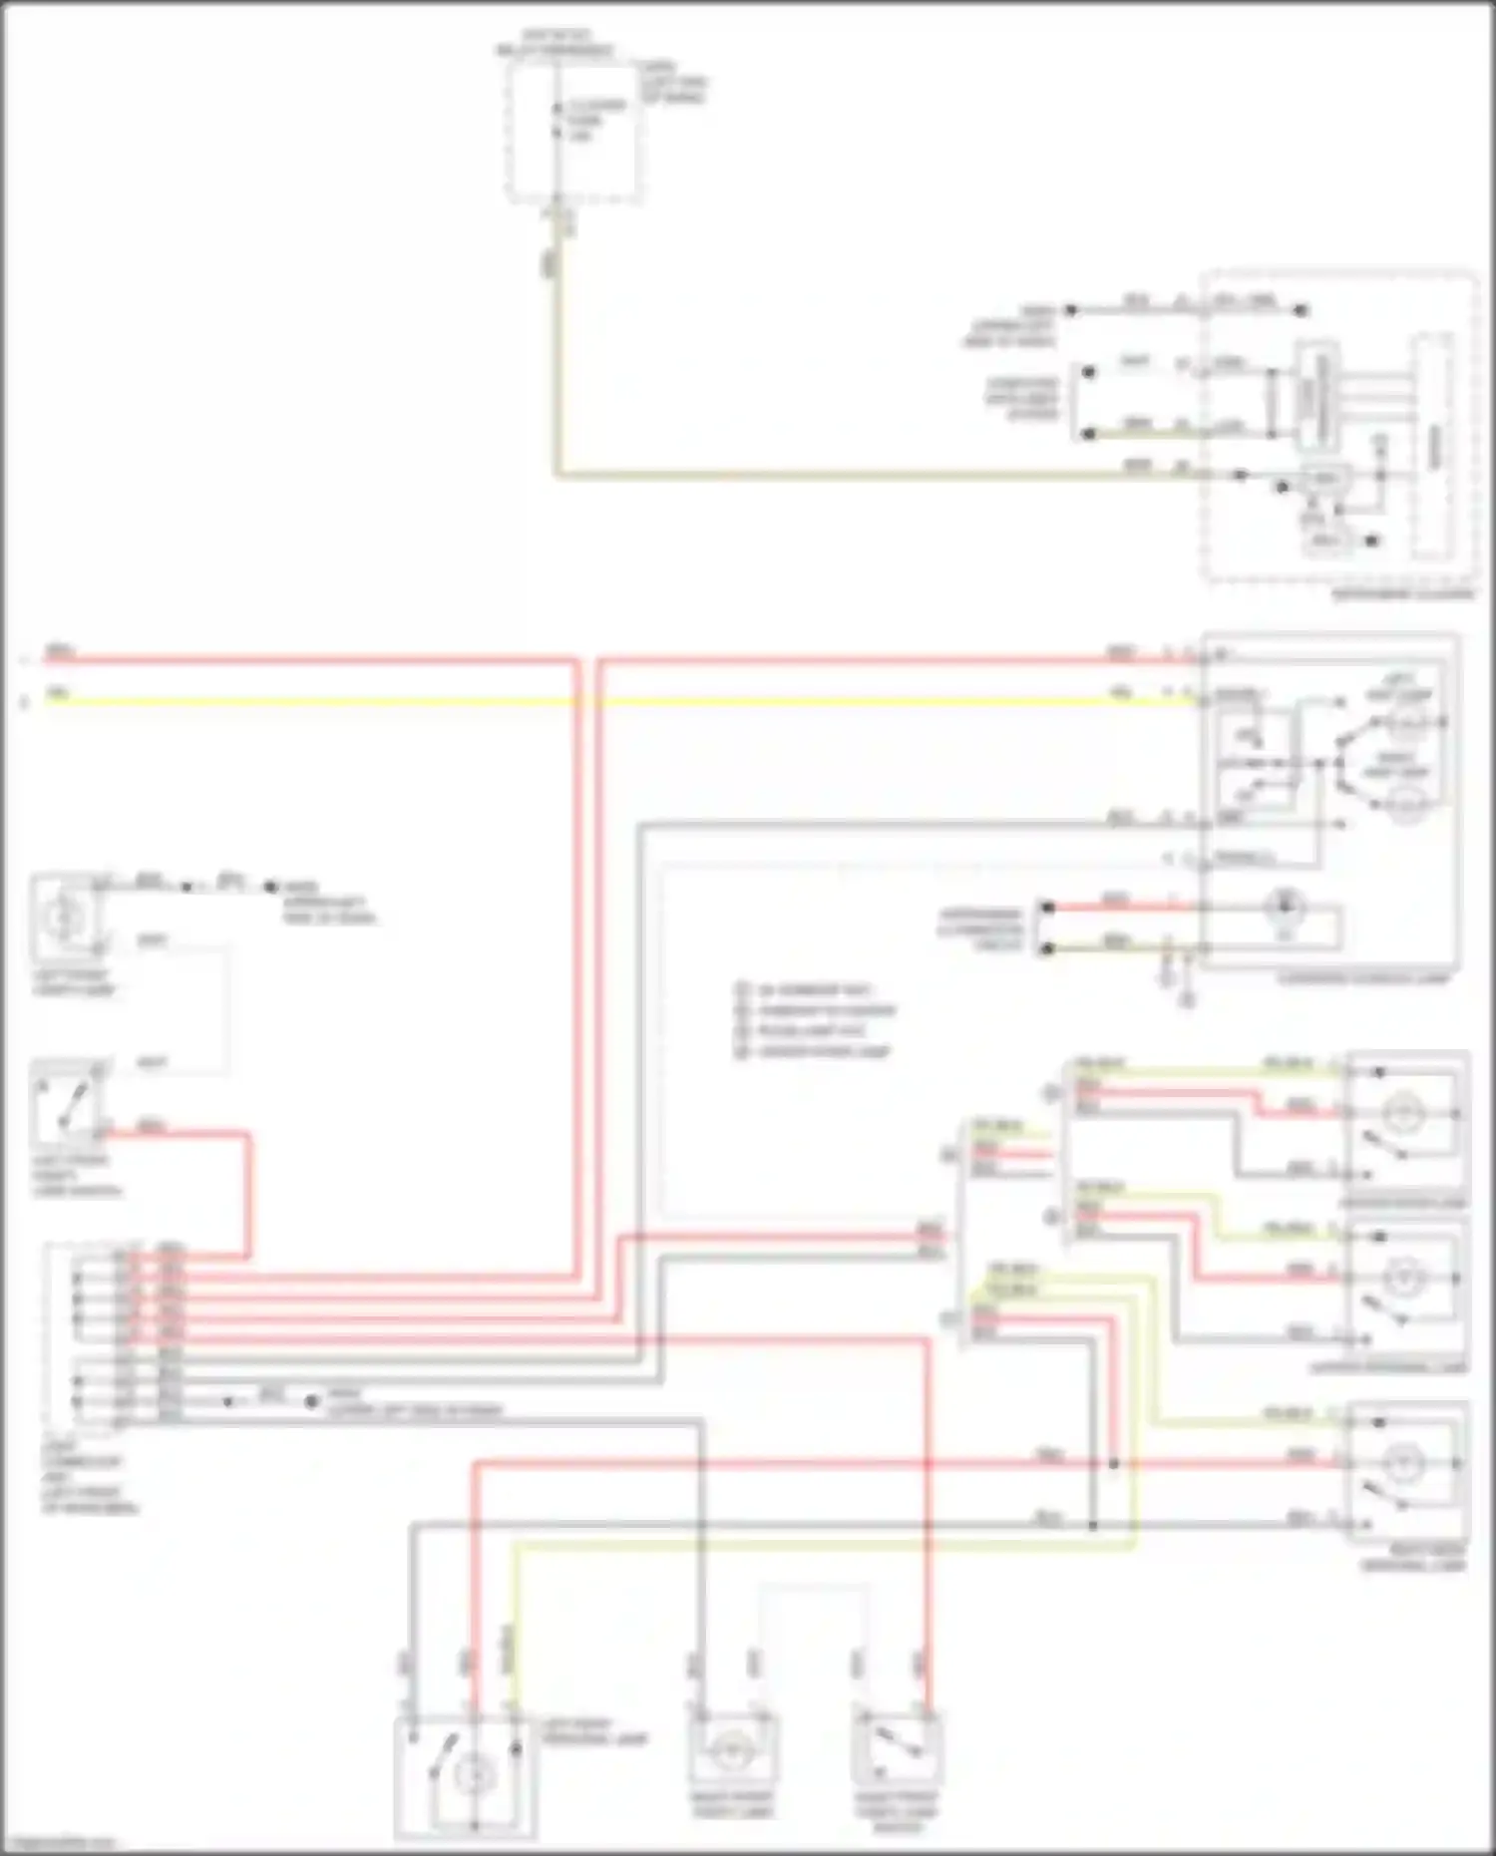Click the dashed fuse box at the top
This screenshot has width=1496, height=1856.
(573, 132)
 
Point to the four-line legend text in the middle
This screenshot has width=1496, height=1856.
(813, 1021)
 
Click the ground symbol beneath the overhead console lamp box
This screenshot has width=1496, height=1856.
(1186, 996)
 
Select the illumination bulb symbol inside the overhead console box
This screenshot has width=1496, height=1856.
(1284, 907)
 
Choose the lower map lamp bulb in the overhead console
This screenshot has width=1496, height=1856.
(1405, 804)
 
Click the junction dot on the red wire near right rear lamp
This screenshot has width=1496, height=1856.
(1114, 1464)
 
